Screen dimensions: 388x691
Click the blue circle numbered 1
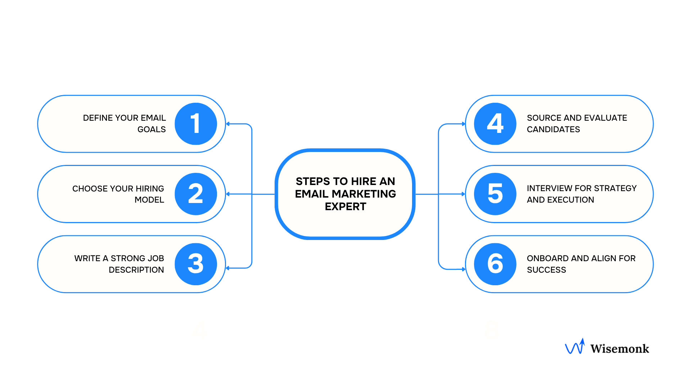coord(196,124)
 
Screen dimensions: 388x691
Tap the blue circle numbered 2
coord(196,194)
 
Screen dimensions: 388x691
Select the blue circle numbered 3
coord(196,264)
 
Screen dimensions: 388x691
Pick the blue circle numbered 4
coord(495,124)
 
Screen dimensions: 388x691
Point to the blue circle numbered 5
coord(495,194)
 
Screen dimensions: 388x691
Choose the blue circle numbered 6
coord(495,264)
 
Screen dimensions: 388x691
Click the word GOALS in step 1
coord(152,129)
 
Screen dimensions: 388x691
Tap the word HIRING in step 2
coord(150,189)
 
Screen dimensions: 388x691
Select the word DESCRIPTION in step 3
coord(136,270)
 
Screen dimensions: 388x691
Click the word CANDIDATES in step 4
coord(553,129)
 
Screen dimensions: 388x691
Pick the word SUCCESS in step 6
coord(546,270)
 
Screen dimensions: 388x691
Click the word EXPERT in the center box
coord(345,207)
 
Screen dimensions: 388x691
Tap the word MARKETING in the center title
coord(363,194)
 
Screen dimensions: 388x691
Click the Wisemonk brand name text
coord(619,348)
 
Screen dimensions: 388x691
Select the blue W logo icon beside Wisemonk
coord(575,347)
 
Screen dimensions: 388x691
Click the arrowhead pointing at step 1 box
coord(228,124)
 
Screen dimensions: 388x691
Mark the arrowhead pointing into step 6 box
coord(464,269)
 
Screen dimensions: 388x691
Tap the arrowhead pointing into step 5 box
coord(464,194)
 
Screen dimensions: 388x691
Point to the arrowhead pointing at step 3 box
coord(228,268)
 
